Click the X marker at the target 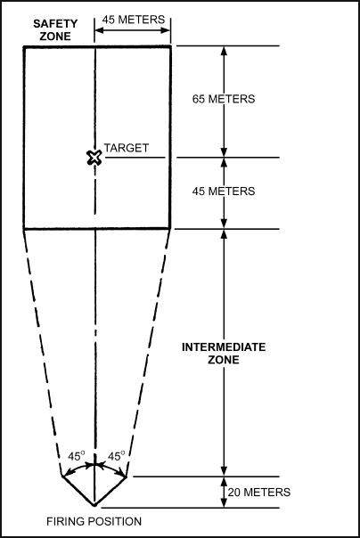click(94, 158)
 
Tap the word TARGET click(127, 148)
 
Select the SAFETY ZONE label click(55, 30)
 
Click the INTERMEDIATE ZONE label click(224, 354)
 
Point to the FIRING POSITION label click(94, 522)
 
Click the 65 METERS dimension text click(224, 99)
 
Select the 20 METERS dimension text click(259, 492)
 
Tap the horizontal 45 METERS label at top click(134, 20)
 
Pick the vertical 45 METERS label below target click(224, 192)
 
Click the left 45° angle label click(76, 456)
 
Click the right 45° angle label click(117, 456)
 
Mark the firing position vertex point click(94, 505)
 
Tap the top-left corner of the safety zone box click(24, 46)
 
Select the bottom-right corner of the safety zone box click(170, 228)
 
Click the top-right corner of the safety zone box click(170, 46)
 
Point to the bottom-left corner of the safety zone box click(24, 228)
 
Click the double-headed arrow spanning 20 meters click(224, 492)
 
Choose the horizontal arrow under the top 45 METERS click(133, 30)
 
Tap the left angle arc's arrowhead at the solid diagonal click(65, 474)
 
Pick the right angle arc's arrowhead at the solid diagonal click(123, 474)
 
